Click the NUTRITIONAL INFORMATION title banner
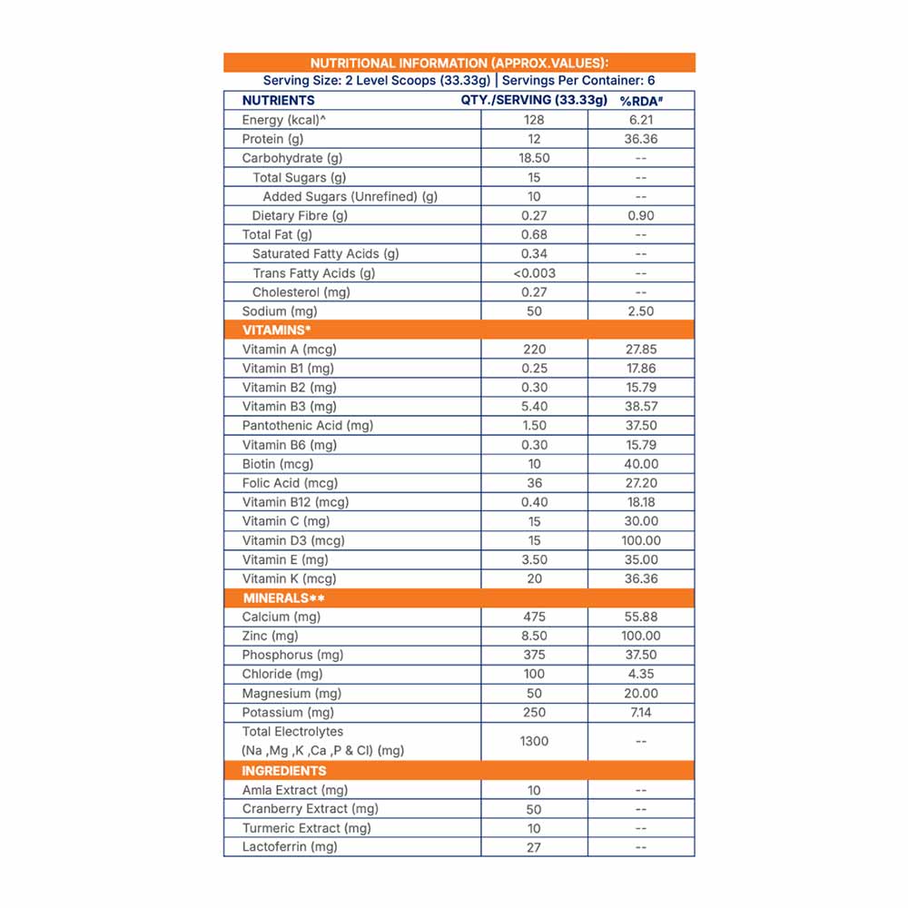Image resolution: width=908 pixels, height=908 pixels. pos(459,63)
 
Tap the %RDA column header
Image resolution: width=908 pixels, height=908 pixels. pos(640,101)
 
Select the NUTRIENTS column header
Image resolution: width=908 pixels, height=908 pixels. pos(278,101)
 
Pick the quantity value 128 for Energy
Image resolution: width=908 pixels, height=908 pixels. pos(534,120)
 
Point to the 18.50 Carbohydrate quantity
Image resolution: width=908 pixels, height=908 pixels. pos(534,158)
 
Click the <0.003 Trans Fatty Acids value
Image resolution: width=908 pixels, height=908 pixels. pos(534,272)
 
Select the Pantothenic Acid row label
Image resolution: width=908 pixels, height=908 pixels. pos(308,425)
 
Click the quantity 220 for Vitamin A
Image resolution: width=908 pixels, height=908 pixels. pos(534,349)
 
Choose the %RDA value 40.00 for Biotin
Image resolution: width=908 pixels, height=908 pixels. pos(641,463)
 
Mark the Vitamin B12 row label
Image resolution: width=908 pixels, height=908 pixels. pos(295,501)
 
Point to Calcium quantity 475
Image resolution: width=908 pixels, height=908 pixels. pos(534,617)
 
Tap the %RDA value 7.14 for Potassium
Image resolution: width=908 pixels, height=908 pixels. pos(641,712)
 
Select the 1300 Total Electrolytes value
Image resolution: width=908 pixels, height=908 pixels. pos(534,741)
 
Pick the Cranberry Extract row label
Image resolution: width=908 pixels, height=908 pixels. pos(310,808)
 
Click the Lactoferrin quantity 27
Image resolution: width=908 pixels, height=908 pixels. pos(534,847)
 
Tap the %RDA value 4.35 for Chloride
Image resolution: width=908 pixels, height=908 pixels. pos(641,674)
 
